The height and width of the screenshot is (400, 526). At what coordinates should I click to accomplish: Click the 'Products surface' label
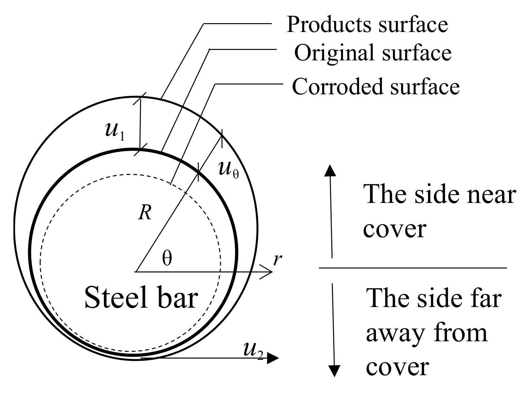tap(367, 24)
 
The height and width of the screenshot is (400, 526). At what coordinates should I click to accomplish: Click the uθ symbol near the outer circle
tap(228, 170)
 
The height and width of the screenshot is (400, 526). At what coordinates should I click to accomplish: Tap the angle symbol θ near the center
tap(167, 259)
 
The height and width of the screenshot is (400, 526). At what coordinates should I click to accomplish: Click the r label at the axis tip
tap(277, 260)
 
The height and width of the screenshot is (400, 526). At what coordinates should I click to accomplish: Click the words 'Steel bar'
tap(141, 298)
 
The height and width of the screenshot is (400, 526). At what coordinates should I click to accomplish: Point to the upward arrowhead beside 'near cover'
tap(330, 170)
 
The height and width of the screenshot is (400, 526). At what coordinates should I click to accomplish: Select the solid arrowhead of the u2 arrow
tap(273, 359)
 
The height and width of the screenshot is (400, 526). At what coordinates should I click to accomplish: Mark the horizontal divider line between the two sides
tap(413, 268)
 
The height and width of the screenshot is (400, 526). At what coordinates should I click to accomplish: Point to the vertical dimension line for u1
tap(140, 124)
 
